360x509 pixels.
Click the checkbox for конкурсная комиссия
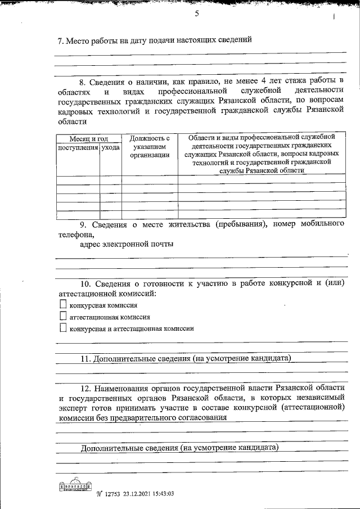click(62, 304)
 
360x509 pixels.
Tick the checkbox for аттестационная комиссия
click(62, 316)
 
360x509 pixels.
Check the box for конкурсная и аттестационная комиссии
click(62, 328)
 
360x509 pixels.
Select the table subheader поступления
click(78, 147)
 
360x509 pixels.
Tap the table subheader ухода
click(110, 147)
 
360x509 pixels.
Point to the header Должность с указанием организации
click(150, 147)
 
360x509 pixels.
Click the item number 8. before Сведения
click(84, 80)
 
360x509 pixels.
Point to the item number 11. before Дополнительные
click(85, 358)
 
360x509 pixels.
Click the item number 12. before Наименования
click(85, 388)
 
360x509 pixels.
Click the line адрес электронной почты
click(127, 244)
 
